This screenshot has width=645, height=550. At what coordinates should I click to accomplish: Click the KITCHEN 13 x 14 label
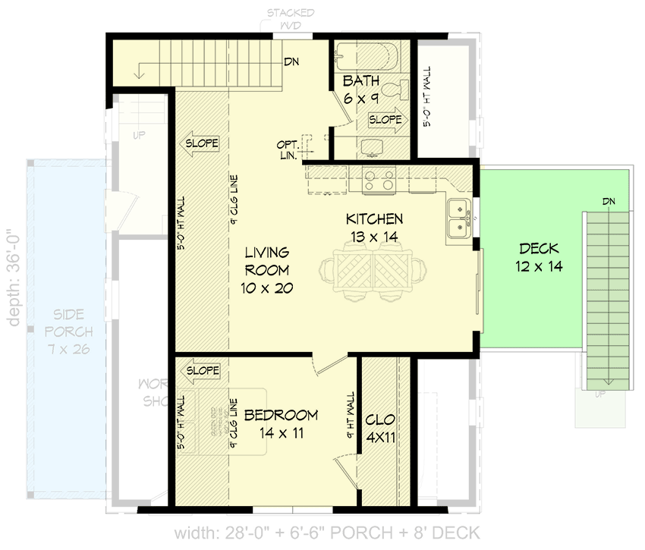[374, 228]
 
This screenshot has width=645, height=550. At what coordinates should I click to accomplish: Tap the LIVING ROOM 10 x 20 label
[266, 269]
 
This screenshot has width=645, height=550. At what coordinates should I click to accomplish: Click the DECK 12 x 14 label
[540, 257]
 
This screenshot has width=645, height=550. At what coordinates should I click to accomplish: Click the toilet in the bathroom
[393, 90]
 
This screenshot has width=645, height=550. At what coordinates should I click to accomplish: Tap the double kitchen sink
[458, 218]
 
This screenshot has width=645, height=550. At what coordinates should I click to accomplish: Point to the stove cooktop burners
[378, 180]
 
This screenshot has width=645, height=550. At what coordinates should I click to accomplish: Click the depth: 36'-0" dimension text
[11, 277]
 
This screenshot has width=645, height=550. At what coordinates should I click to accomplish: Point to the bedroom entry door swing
[329, 365]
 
